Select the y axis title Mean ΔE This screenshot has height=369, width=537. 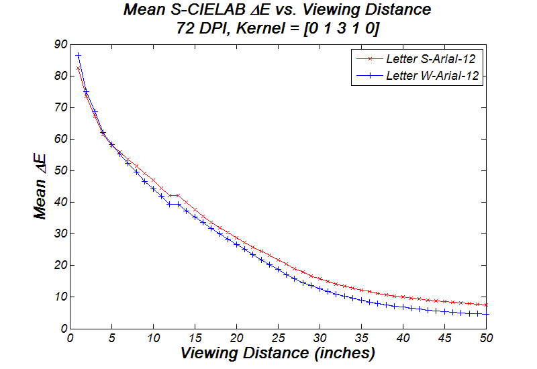click(42, 186)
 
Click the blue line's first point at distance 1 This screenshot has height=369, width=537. click(79, 55)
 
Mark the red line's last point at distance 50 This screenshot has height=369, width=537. click(486, 305)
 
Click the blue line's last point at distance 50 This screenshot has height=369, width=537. click(486, 314)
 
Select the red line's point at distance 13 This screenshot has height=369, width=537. click(178, 195)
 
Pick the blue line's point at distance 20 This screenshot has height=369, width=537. click(236, 244)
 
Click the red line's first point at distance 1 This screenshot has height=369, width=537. click(79, 68)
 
